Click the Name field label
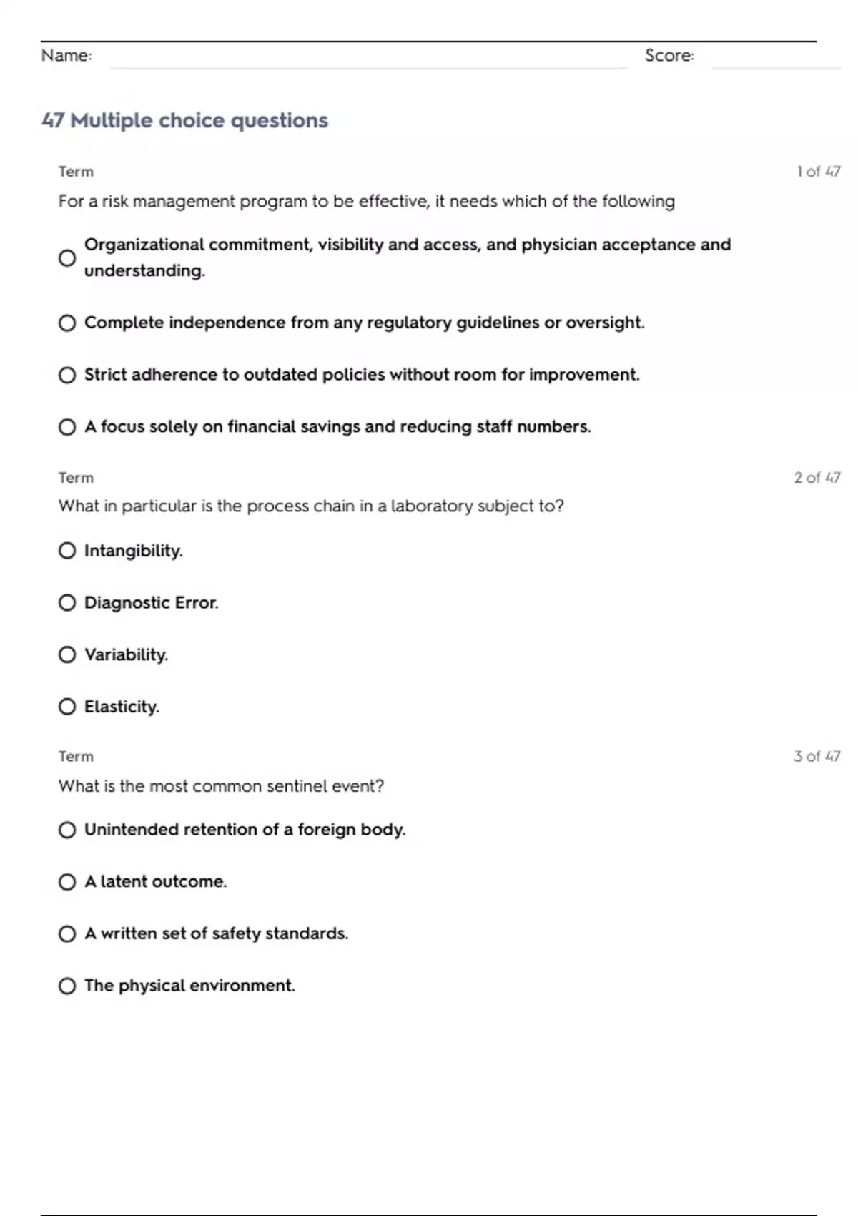pyautogui.click(x=66, y=55)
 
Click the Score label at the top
pyautogui.click(x=669, y=55)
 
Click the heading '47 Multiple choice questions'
pyautogui.click(x=184, y=120)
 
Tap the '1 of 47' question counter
pyautogui.click(x=818, y=172)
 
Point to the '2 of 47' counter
pyautogui.click(x=817, y=477)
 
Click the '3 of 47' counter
pyautogui.click(x=817, y=756)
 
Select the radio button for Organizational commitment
pyautogui.click(x=67, y=258)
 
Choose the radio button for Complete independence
pyautogui.click(x=67, y=323)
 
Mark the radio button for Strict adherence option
pyautogui.click(x=67, y=375)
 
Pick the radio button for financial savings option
pyautogui.click(x=67, y=427)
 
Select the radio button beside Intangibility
pyautogui.click(x=67, y=551)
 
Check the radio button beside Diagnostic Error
pyautogui.click(x=67, y=603)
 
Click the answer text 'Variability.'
pyautogui.click(x=126, y=654)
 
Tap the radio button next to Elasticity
pyautogui.click(x=67, y=707)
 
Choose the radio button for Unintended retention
pyautogui.click(x=67, y=830)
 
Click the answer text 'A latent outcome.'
pyautogui.click(x=155, y=881)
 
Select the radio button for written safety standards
pyautogui.click(x=67, y=934)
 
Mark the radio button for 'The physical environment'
pyautogui.click(x=67, y=986)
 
